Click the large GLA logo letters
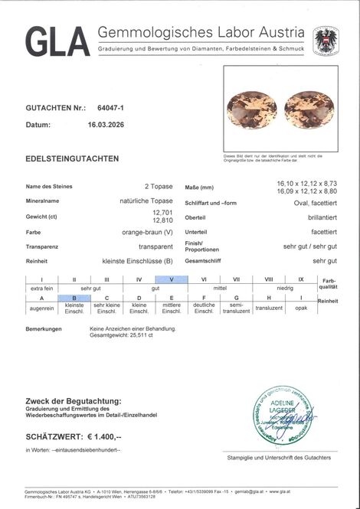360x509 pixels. [x=57, y=42]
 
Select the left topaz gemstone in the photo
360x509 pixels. [x=252, y=109]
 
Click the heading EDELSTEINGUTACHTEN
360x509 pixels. [x=72, y=158]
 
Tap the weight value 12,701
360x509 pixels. [x=162, y=212]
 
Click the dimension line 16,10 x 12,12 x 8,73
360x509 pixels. [x=306, y=184]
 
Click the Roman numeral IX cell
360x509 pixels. [x=301, y=279]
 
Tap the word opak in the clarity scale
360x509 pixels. [x=301, y=308]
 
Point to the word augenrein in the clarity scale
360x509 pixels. [x=41, y=308]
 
